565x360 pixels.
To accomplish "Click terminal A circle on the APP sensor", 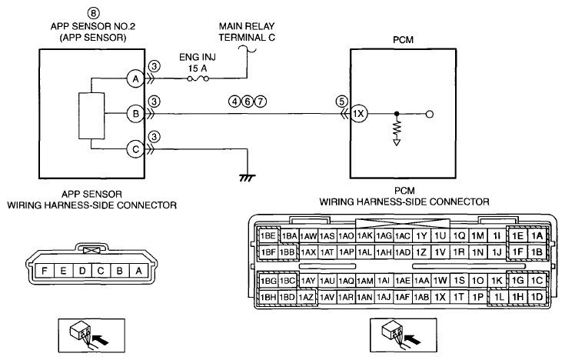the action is coord(135,78).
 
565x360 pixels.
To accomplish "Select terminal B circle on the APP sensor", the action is coord(135,114).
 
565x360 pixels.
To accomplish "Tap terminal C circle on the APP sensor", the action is coord(135,149).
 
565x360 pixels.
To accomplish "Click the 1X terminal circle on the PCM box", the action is coord(358,115).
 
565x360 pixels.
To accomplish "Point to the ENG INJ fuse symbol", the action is coord(198,78).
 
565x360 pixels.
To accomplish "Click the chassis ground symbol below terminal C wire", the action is coord(248,178).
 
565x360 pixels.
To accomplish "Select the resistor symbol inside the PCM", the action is coord(397,128).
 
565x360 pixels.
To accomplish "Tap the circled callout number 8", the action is coord(93,13).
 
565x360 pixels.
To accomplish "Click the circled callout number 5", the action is coord(341,102).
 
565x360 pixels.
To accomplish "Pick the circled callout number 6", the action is coord(248,102).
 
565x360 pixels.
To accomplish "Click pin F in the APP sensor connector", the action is coord(45,271).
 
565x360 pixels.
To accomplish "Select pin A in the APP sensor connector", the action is coord(138,271).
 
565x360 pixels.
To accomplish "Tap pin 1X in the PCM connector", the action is coord(440,297).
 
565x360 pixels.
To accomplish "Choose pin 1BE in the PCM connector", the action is coord(268,236).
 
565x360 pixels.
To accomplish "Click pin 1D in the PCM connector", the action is coord(537,297).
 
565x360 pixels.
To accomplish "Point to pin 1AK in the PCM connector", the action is coord(364,236).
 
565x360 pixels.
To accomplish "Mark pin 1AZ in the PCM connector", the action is coord(307,297).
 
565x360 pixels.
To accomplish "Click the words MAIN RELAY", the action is coord(247,26).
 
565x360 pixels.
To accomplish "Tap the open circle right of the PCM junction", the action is coord(429,115).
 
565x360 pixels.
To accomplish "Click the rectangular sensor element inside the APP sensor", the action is coord(91,116).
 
